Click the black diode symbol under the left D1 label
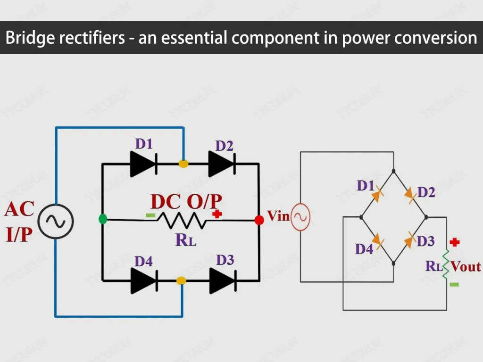pyautogui.click(x=143, y=164)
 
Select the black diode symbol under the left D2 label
pyautogui.click(x=221, y=164)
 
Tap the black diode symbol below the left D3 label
pyautogui.click(x=222, y=281)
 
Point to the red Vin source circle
pyautogui.click(x=300, y=217)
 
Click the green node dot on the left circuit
pyautogui.click(x=103, y=219)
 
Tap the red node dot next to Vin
pyautogui.click(x=259, y=220)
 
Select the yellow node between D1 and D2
pyautogui.click(x=183, y=164)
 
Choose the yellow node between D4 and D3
pyautogui.click(x=181, y=281)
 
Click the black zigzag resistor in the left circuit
pyautogui.click(x=181, y=220)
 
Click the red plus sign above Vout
pyautogui.click(x=454, y=242)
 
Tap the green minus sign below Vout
pyautogui.click(x=454, y=284)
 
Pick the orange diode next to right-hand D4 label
pyautogui.click(x=378, y=242)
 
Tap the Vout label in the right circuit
pyautogui.click(x=466, y=266)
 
